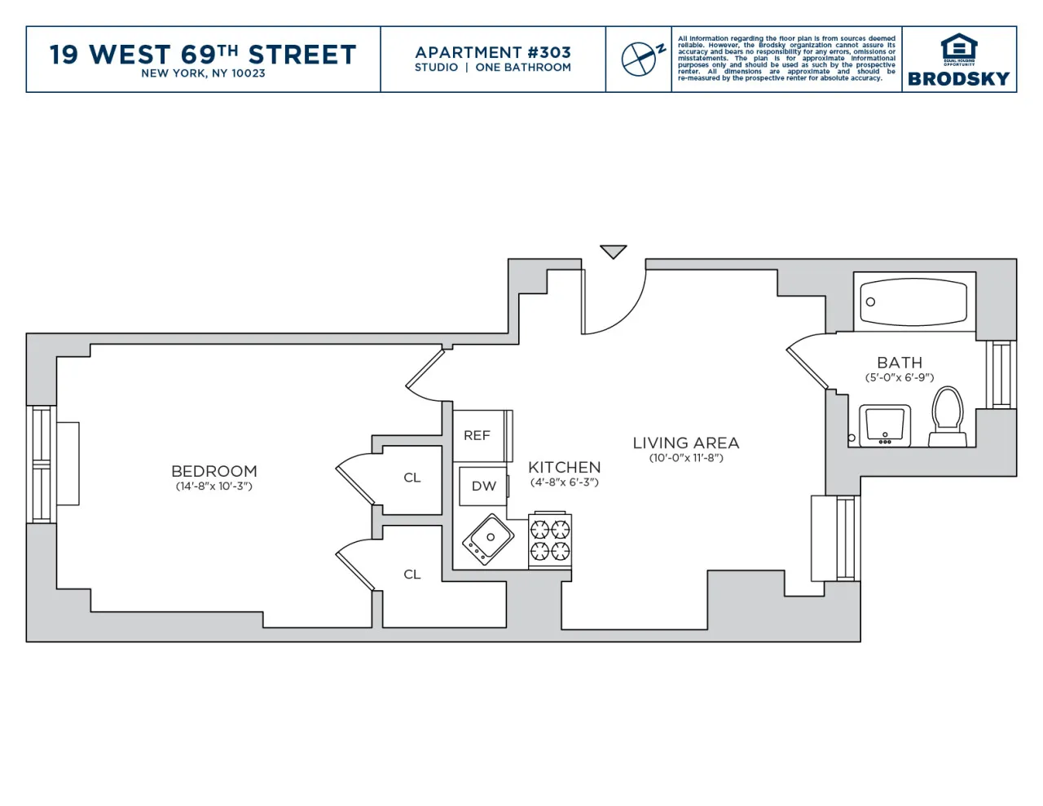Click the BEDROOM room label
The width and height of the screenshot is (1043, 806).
coord(213,471)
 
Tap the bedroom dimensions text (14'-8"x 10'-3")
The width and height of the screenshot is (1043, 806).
coord(213,487)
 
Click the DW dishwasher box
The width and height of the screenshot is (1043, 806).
coord(483,486)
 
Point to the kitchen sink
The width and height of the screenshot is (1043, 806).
coord(488,539)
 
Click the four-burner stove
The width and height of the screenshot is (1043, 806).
coord(550,540)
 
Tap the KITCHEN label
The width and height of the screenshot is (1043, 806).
coord(564,467)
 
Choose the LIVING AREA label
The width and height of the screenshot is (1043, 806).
coord(686,443)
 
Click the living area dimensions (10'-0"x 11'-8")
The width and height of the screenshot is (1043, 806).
coord(686,458)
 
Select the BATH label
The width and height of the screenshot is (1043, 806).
coord(900,363)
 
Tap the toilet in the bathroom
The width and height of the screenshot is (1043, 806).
coord(947,416)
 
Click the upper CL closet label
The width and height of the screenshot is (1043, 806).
coord(412,478)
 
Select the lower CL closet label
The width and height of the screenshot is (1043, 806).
coord(412,575)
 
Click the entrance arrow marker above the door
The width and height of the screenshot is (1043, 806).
coord(614,252)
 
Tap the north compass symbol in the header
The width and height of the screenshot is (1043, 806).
coord(640,59)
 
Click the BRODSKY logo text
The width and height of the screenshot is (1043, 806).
coord(958,79)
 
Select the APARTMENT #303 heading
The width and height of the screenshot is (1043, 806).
coord(493,52)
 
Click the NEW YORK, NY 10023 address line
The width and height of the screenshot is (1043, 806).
coord(203,73)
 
